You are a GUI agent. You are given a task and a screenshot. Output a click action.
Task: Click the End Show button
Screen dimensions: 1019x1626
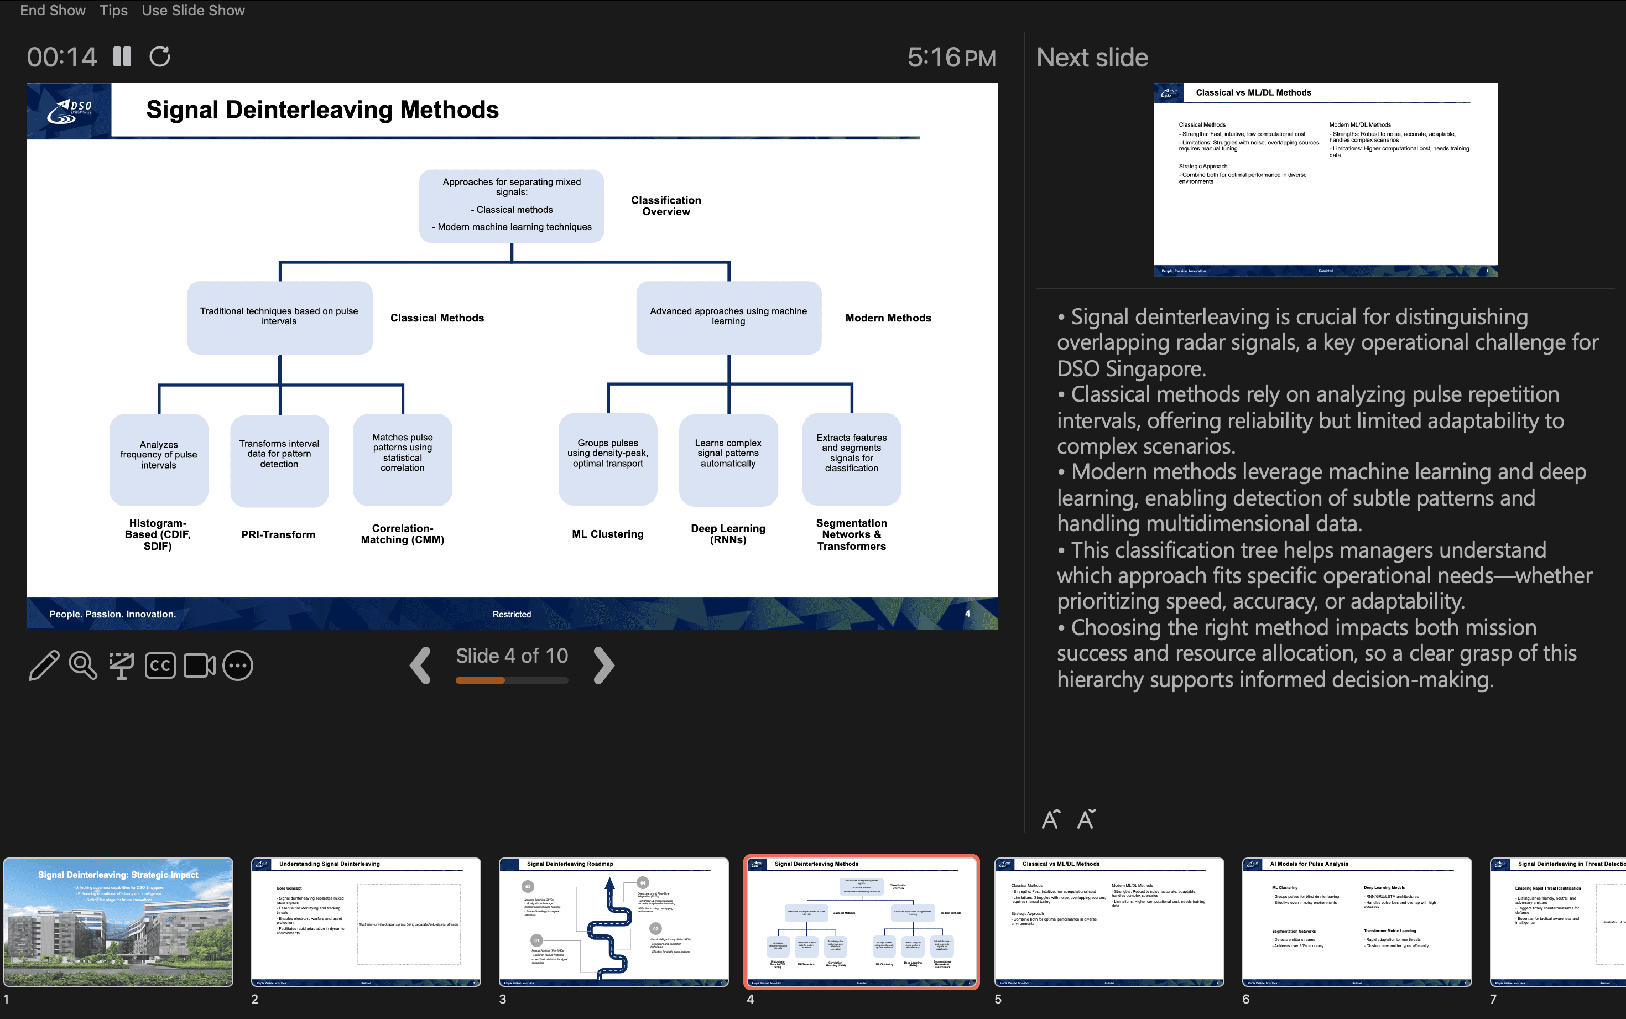coord(53,11)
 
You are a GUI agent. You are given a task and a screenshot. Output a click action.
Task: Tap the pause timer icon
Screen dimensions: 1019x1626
coord(122,56)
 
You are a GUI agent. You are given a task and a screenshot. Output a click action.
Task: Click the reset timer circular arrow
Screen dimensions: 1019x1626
coord(160,56)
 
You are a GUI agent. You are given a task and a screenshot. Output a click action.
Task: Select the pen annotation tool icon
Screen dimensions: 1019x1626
coord(44,666)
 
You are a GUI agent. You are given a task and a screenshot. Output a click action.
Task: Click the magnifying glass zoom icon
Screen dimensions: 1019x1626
coord(83,666)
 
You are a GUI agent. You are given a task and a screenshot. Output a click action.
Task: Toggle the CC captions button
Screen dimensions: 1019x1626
coord(160,666)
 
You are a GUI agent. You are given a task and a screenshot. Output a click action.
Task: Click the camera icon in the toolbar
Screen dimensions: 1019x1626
coord(199,666)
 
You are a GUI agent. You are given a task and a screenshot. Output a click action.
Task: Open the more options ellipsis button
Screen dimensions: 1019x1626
coord(238,666)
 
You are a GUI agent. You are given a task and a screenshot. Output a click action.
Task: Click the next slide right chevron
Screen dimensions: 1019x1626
coord(604,666)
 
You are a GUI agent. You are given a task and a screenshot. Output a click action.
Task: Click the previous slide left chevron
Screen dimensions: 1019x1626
coord(420,666)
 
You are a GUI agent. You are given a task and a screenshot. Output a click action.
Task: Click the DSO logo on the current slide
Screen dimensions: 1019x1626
coord(69,111)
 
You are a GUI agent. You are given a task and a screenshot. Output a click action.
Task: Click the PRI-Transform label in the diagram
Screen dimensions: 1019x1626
coord(278,534)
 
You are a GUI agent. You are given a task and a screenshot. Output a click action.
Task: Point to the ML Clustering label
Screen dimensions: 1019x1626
coord(608,534)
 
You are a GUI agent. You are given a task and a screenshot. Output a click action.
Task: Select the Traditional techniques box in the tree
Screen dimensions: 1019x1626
coord(279,317)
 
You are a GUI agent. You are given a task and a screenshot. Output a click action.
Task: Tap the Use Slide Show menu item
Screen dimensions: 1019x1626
coord(194,11)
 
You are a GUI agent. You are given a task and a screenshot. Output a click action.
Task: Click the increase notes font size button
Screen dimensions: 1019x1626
coord(1051,819)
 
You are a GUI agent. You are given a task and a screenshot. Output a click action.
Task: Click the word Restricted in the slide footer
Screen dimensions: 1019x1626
coord(512,614)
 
